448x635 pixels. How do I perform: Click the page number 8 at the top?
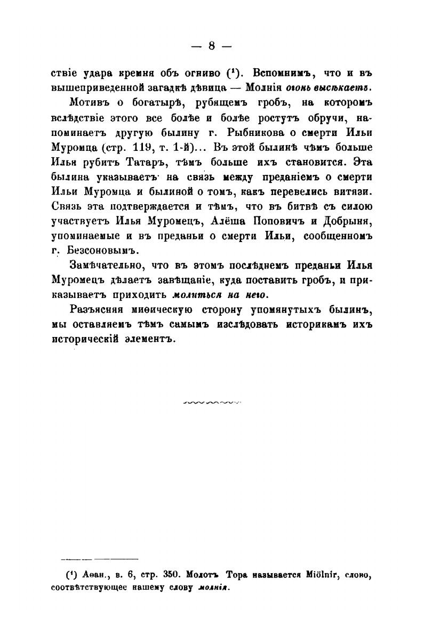coord(211,46)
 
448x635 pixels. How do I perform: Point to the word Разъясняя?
coord(99,310)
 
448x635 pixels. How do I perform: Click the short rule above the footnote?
coord(100,559)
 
